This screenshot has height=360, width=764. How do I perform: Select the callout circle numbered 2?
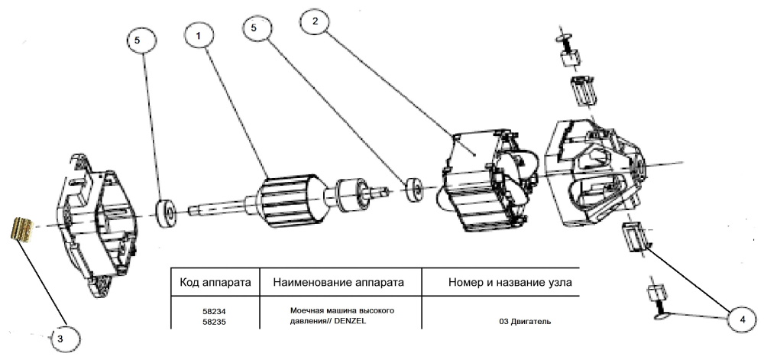pyautogui.click(x=315, y=22)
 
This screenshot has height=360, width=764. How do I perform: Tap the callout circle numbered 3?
pyautogui.click(x=60, y=339)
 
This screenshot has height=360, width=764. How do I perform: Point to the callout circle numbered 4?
pyautogui.click(x=742, y=320)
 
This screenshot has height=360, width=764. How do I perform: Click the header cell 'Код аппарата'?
pyautogui.click(x=215, y=282)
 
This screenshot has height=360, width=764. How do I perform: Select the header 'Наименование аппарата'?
pyautogui.click(x=338, y=282)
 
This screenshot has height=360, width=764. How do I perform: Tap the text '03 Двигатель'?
pyautogui.click(x=526, y=322)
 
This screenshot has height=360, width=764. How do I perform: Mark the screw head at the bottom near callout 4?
pyautogui.click(x=661, y=317)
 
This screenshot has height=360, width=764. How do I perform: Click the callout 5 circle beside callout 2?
pyautogui.click(x=254, y=28)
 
